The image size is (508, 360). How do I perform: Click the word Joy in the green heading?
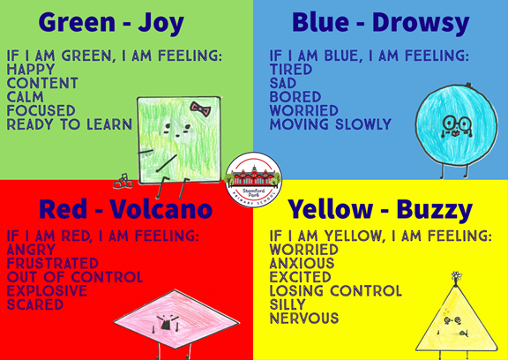coord(161,23)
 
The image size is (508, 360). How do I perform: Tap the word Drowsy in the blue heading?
coord(421,23)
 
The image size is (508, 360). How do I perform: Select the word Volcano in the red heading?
coord(161,209)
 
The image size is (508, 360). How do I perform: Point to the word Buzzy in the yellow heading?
coord(434,210)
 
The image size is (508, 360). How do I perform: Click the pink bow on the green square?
coord(200,109)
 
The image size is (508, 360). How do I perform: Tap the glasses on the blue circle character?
coord(457,124)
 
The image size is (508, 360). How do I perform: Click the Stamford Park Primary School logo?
coord(253,180)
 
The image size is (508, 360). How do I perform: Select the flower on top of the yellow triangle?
coord(457,276)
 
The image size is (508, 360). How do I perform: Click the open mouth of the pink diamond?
coord(165,324)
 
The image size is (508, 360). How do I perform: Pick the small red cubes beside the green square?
coord(123,182)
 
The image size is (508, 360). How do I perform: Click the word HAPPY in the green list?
coord(31,70)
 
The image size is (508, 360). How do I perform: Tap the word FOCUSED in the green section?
coord(41,111)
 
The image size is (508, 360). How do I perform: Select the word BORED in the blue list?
coord(295,97)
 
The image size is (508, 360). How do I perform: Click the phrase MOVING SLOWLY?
coord(331,124)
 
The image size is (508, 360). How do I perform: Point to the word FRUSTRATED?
coord(53,264)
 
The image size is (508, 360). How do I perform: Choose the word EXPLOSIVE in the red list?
coord(47,290)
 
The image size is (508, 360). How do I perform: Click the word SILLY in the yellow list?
coord(288,304)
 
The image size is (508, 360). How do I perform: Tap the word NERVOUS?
coord(304,319)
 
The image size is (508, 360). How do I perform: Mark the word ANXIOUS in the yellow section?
coord(302,264)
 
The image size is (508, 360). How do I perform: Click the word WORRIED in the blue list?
coord(304,111)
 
